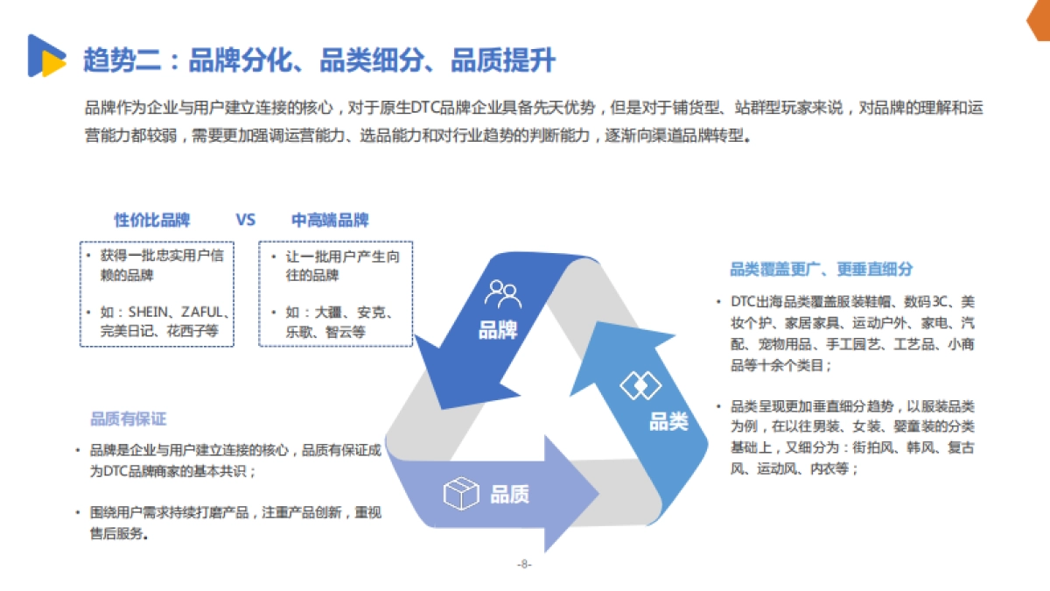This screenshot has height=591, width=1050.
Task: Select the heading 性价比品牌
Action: point(152,220)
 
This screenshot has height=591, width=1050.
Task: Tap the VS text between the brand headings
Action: point(245,220)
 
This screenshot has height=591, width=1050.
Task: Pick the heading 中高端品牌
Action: point(330,220)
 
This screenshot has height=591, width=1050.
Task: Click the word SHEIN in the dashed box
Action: point(154,312)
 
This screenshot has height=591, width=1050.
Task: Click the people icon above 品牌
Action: point(503,293)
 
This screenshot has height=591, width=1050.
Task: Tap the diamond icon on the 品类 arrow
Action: point(640,385)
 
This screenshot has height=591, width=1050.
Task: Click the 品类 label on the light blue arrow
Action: point(668,422)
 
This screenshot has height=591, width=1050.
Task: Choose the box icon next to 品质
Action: point(460,495)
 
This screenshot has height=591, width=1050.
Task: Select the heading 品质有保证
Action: point(128,419)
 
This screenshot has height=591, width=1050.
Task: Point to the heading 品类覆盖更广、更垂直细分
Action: point(821,270)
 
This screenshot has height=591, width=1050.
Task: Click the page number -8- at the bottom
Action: point(524,565)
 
